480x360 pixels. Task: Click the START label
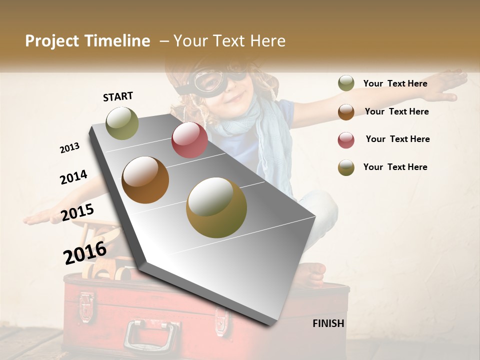[x=118, y=96]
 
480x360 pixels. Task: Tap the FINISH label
[x=328, y=323]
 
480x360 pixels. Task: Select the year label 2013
[x=69, y=148]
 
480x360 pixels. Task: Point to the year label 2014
[x=73, y=177]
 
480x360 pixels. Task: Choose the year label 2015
[x=77, y=213]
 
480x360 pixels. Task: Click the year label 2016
[x=85, y=253]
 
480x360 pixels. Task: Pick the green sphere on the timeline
[x=122, y=123]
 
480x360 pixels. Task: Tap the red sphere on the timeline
[x=189, y=140]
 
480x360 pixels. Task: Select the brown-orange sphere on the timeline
[x=145, y=180]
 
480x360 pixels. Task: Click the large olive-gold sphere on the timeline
[x=216, y=207]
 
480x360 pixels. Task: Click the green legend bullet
[x=346, y=83]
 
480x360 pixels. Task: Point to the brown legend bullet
[x=346, y=112]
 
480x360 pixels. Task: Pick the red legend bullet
[x=346, y=140]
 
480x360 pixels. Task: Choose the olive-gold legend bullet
[x=346, y=167]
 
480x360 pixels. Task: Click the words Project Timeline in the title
[x=87, y=41]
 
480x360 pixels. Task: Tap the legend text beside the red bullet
[x=397, y=139]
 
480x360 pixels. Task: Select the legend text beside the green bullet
[x=395, y=83]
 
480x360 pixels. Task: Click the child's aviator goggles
[x=215, y=80]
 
